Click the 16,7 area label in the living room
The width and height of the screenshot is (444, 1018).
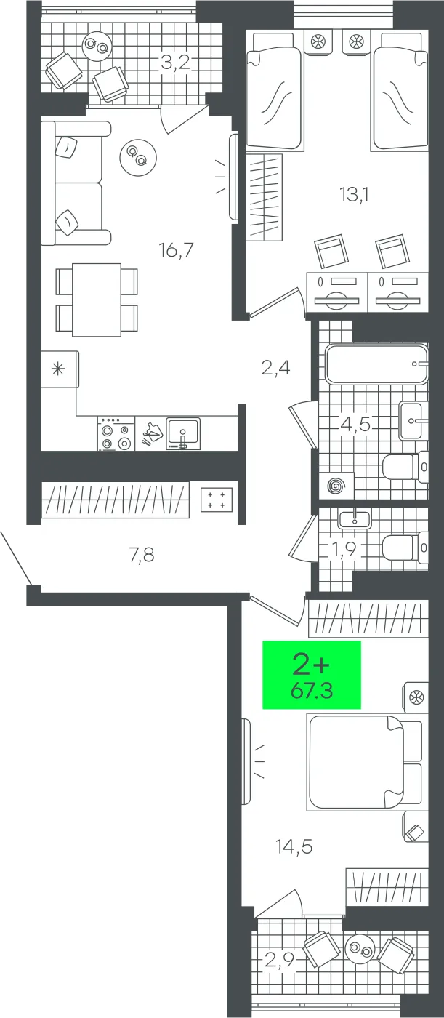click(176, 251)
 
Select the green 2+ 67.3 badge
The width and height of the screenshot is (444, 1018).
click(312, 675)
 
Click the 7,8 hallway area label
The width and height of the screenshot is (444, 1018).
click(142, 556)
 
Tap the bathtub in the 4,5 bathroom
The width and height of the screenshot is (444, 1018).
click(376, 365)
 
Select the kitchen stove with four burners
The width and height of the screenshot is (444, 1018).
click(116, 434)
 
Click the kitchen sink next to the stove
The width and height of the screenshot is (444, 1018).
click(183, 433)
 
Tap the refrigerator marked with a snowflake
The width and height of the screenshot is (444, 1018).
click(57, 369)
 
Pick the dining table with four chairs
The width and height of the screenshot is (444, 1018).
click(97, 300)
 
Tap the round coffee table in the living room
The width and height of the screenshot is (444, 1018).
click(137, 156)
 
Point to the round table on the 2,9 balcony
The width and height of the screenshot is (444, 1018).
click(360, 949)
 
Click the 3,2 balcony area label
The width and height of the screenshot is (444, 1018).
click(175, 63)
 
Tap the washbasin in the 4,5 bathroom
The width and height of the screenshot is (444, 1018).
click(413, 420)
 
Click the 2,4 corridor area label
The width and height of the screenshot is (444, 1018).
click(276, 368)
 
